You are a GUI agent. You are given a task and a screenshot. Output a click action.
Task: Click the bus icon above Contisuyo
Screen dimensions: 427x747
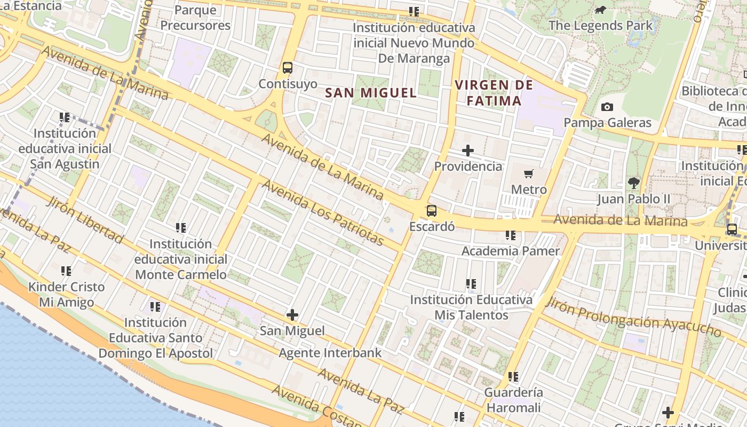[x=288, y=68]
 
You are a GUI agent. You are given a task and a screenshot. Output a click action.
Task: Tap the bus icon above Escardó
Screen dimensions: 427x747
[x=432, y=211]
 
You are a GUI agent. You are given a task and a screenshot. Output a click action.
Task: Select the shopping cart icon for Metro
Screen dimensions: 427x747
[x=529, y=173]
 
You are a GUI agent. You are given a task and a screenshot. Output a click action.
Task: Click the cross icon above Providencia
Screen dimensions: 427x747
[x=468, y=151]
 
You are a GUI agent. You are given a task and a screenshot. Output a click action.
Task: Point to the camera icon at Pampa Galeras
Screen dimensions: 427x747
[x=607, y=107]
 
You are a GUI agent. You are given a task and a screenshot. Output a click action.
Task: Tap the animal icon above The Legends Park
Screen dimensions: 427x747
[x=600, y=10]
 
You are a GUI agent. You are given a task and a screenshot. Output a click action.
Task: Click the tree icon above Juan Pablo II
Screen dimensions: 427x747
[x=633, y=183]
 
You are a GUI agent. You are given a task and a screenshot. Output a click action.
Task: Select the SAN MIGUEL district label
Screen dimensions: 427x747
[x=371, y=93]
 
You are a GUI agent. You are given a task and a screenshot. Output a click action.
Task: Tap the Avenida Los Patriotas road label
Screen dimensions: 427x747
[x=323, y=213]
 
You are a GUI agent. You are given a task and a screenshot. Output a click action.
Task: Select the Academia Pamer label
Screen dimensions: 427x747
[x=511, y=251]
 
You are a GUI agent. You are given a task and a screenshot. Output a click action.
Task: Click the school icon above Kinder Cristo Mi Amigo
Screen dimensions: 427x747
[x=66, y=271]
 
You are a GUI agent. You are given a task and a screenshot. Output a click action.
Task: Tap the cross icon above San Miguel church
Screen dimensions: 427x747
[x=292, y=315]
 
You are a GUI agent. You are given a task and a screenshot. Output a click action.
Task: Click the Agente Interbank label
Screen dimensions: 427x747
[x=330, y=353]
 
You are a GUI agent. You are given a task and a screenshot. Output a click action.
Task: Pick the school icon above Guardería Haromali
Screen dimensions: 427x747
[x=513, y=377]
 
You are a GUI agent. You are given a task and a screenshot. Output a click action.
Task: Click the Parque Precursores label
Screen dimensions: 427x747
[x=195, y=18]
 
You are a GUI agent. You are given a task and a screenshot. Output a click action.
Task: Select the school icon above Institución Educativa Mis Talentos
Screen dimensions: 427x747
[x=471, y=284]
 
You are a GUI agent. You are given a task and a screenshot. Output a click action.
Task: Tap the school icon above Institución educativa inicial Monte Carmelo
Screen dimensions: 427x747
[x=181, y=228]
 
